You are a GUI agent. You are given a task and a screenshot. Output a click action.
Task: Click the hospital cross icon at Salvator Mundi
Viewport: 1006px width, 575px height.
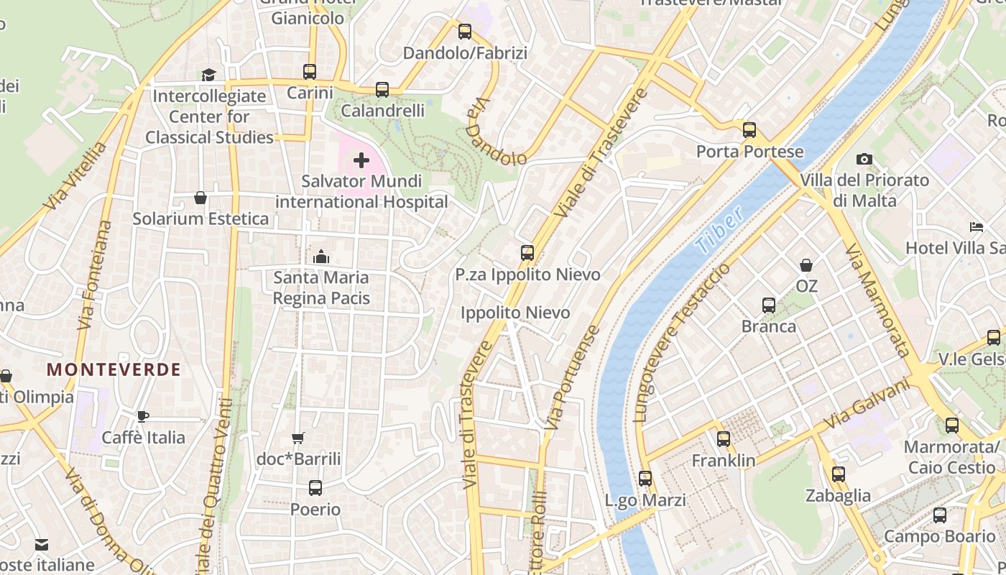361,160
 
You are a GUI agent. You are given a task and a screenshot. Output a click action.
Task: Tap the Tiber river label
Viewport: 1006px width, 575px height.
719,232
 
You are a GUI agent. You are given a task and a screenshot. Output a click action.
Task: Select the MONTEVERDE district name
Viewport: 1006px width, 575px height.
114,369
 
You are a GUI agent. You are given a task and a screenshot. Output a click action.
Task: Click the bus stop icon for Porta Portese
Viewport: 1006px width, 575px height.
749,130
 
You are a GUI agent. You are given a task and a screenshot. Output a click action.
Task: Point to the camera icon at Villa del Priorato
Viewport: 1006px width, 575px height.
864,159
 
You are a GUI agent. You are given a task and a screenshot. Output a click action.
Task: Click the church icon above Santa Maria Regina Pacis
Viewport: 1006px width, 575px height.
321,257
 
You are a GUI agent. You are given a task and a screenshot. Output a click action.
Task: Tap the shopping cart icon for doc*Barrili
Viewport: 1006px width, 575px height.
298,438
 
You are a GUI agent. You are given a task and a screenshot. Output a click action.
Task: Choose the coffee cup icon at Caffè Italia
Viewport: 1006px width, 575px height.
143,416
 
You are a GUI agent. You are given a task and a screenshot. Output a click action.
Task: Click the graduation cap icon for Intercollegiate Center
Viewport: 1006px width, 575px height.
208,75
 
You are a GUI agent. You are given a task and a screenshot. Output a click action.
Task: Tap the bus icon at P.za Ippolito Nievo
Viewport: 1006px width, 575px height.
527,253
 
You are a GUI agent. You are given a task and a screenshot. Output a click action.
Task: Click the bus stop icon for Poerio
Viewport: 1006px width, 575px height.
315,488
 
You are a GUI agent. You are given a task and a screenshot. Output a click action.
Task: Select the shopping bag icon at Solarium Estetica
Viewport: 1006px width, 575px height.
200,198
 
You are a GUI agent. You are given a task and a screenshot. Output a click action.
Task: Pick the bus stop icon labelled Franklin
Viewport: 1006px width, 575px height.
723,439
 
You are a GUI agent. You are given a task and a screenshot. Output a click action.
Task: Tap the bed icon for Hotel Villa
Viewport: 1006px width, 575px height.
977,227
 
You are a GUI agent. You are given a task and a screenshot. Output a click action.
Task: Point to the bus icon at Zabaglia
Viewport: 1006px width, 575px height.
838,474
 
